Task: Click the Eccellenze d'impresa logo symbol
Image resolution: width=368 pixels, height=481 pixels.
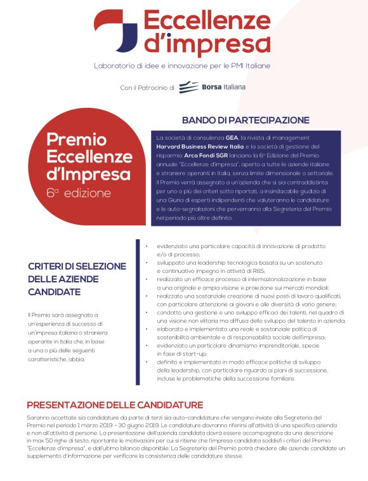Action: click(x=116, y=30)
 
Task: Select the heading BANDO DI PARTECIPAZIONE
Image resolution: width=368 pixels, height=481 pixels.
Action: click(x=237, y=120)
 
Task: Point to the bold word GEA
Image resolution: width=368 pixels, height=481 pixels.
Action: click(x=231, y=138)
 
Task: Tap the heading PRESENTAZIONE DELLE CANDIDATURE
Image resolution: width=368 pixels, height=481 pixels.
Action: click(x=115, y=405)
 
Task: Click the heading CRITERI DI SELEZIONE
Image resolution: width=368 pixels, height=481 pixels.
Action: click(x=77, y=267)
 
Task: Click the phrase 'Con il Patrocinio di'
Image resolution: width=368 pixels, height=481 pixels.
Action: click(x=147, y=88)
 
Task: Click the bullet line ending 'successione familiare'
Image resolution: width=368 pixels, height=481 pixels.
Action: click(x=226, y=379)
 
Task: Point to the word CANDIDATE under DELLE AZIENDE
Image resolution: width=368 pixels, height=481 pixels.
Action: click(x=55, y=292)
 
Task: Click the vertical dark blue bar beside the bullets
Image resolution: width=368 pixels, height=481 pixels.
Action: click(x=138, y=312)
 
